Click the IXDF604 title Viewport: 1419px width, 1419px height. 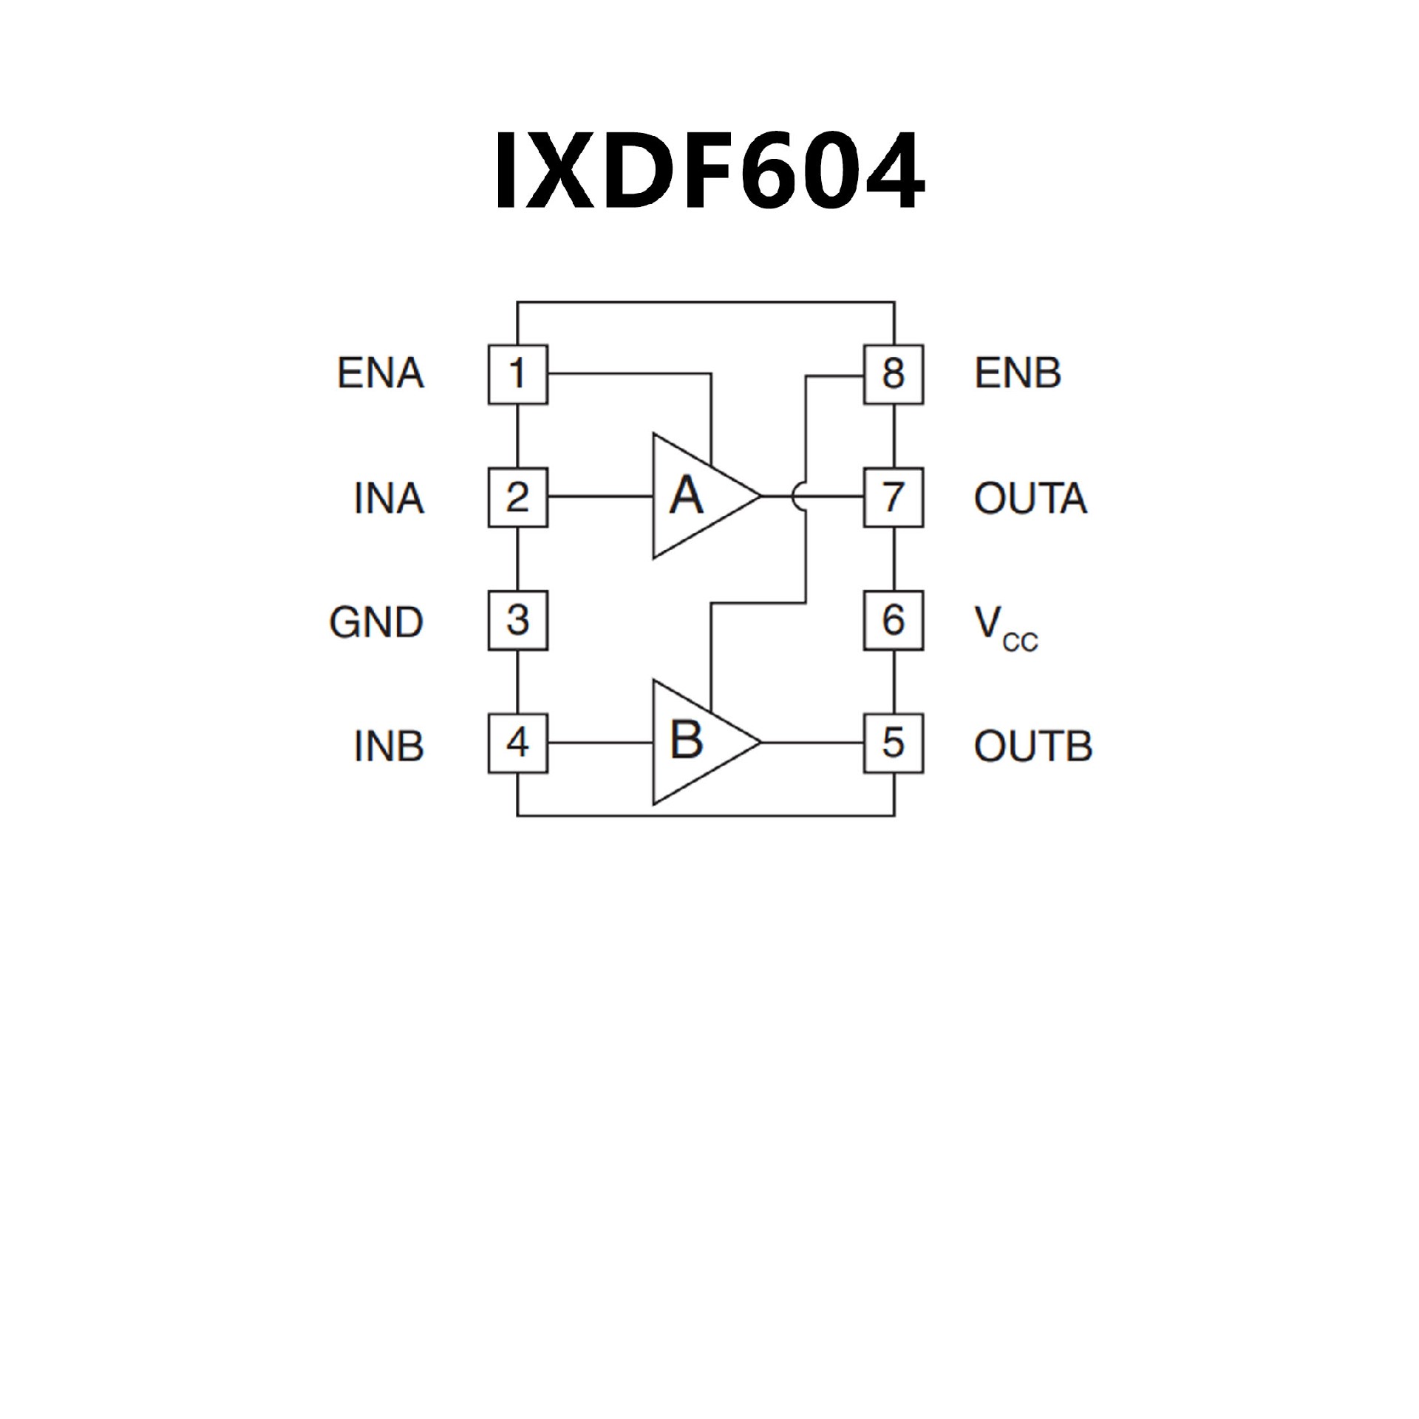click(x=709, y=171)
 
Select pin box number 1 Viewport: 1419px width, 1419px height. click(x=517, y=374)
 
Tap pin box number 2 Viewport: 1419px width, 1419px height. click(x=517, y=497)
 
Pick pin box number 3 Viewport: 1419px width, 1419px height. click(x=517, y=620)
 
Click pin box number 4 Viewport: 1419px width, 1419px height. click(x=517, y=743)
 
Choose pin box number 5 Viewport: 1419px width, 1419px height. click(x=894, y=743)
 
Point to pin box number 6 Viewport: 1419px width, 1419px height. click(x=894, y=620)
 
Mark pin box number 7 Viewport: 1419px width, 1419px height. click(x=894, y=497)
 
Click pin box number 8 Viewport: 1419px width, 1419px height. click(x=894, y=374)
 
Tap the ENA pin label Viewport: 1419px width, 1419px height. click(x=381, y=373)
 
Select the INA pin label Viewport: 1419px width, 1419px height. click(x=389, y=498)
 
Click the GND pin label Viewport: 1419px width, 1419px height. click(x=376, y=622)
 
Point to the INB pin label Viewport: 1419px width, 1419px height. click(x=389, y=746)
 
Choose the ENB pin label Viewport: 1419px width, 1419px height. click(x=1018, y=373)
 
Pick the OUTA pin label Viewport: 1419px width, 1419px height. click(x=1030, y=498)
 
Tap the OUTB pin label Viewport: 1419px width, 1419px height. click(x=1032, y=746)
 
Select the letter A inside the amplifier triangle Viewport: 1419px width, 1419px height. click(x=686, y=495)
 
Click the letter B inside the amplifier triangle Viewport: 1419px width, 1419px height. click(x=686, y=740)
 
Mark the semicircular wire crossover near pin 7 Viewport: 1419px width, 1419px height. click(x=799, y=496)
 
